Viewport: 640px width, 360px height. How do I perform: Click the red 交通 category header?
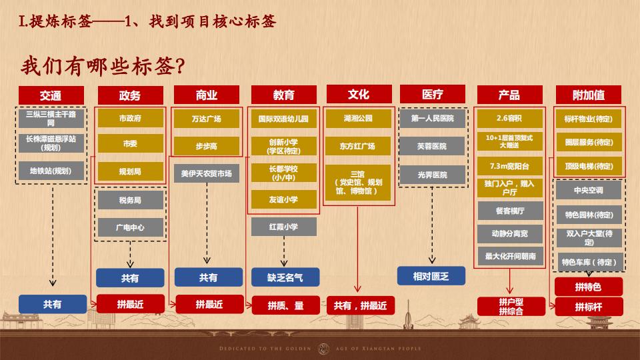(x=51, y=95)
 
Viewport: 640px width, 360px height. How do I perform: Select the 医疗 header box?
(x=432, y=95)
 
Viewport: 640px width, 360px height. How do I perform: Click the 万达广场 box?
(x=206, y=119)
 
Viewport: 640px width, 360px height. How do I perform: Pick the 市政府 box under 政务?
(x=130, y=119)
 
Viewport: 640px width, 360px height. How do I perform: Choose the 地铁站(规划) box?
(x=51, y=171)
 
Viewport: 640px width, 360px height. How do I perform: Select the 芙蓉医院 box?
(x=432, y=146)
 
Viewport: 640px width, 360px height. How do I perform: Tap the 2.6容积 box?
(x=510, y=119)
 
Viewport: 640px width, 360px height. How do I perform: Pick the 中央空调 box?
(x=589, y=191)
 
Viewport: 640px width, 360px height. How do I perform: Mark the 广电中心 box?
(x=130, y=227)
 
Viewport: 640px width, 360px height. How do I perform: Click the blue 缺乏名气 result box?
(x=285, y=277)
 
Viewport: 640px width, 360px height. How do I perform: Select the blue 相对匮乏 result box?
(x=431, y=276)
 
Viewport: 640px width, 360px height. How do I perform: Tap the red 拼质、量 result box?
(x=285, y=305)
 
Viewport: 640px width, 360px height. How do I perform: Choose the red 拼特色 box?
(x=588, y=287)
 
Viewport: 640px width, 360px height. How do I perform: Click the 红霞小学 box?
(x=283, y=227)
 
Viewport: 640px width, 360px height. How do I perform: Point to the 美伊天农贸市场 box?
(x=206, y=173)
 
